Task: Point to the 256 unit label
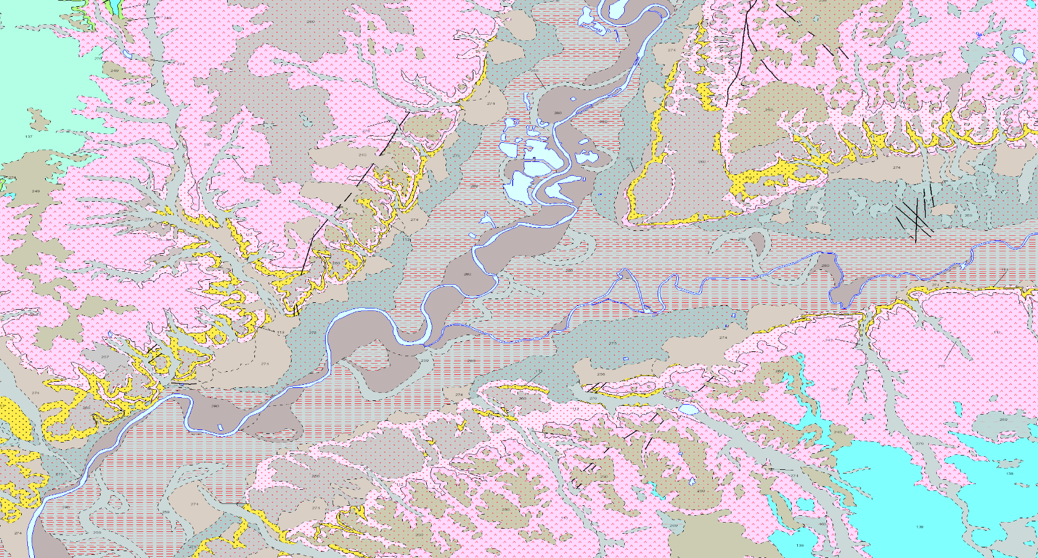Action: pos(601,374)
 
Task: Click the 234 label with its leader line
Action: pos(181,63)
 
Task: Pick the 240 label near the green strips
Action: pos(167,18)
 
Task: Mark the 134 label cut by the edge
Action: pos(146,3)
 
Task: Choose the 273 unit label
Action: pos(630,160)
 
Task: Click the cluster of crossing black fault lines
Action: pos(913,217)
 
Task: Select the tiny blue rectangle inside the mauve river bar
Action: pos(221,427)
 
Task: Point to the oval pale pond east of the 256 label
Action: pos(687,410)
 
